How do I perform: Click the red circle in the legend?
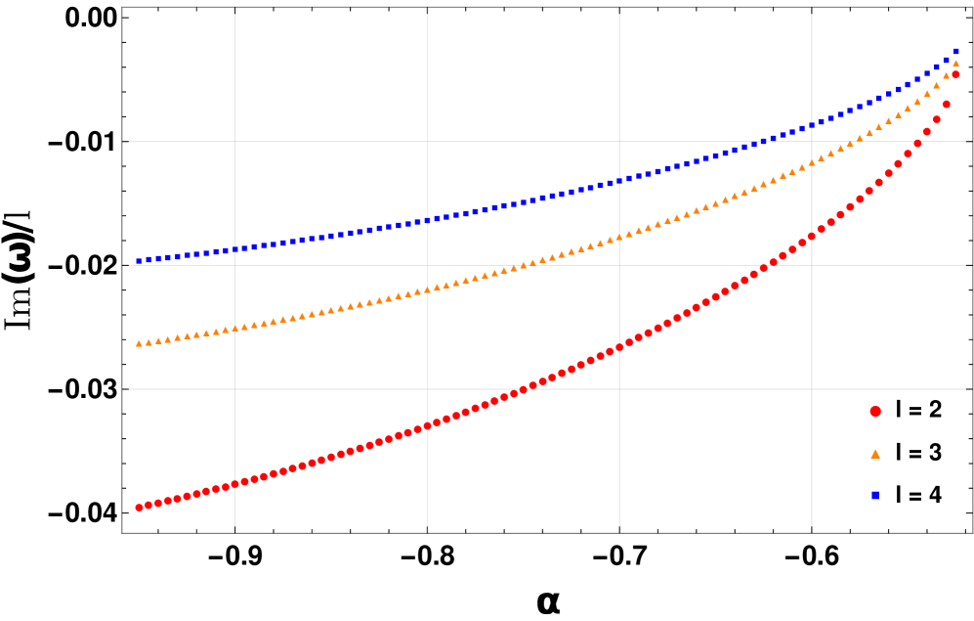click(875, 412)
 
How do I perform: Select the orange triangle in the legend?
click(875, 454)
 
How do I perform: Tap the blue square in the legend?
click(875, 496)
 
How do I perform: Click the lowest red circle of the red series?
click(139, 508)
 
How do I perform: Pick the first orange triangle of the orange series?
click(139, 343)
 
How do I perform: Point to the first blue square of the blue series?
click(139, 261)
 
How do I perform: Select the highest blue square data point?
click(955, 52)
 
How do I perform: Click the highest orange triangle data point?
click(955, 64)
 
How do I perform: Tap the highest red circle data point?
click(955, 74)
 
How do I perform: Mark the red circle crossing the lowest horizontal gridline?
click(523, 389)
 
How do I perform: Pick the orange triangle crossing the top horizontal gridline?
click(850, 142)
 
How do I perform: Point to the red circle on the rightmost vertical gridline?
click(811, 236)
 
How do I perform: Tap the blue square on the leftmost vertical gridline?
click(235, 249)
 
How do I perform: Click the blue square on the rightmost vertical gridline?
click(811, 126)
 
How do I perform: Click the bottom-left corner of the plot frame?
click(122, 533)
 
